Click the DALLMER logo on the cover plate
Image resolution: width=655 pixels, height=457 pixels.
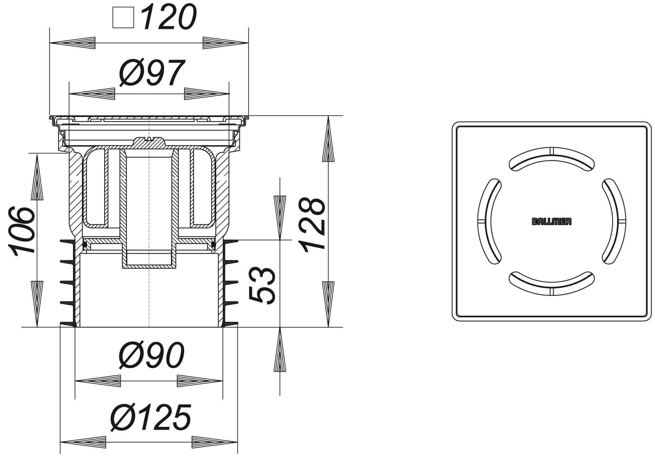coord(552,222)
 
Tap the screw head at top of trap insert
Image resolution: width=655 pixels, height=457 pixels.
coord(149,139)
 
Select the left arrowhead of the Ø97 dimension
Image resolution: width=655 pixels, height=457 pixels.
coord(92,94)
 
